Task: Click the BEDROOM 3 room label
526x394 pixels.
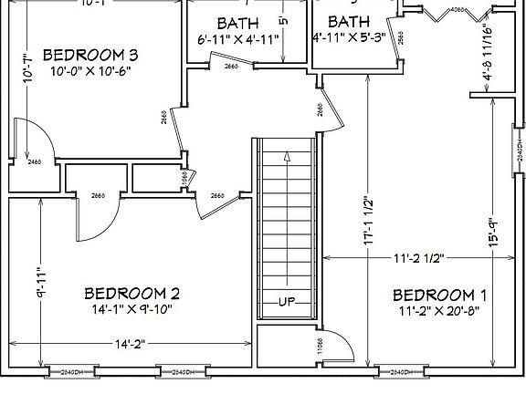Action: [x=89, y=53]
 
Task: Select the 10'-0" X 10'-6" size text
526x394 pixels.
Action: [x=89, y=70]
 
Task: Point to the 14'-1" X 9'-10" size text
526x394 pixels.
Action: [x=131, y=309]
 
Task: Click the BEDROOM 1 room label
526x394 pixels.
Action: [x=439, y=295]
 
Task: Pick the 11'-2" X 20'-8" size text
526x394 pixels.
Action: [x=439, y=310]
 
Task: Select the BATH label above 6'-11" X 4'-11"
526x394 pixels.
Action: [x=237, y=22]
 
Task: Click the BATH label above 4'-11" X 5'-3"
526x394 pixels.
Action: [x=349, y=22]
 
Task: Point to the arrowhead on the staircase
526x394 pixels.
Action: [x=288, y=157]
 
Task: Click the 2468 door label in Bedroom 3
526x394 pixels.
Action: [x=36, y=161]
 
